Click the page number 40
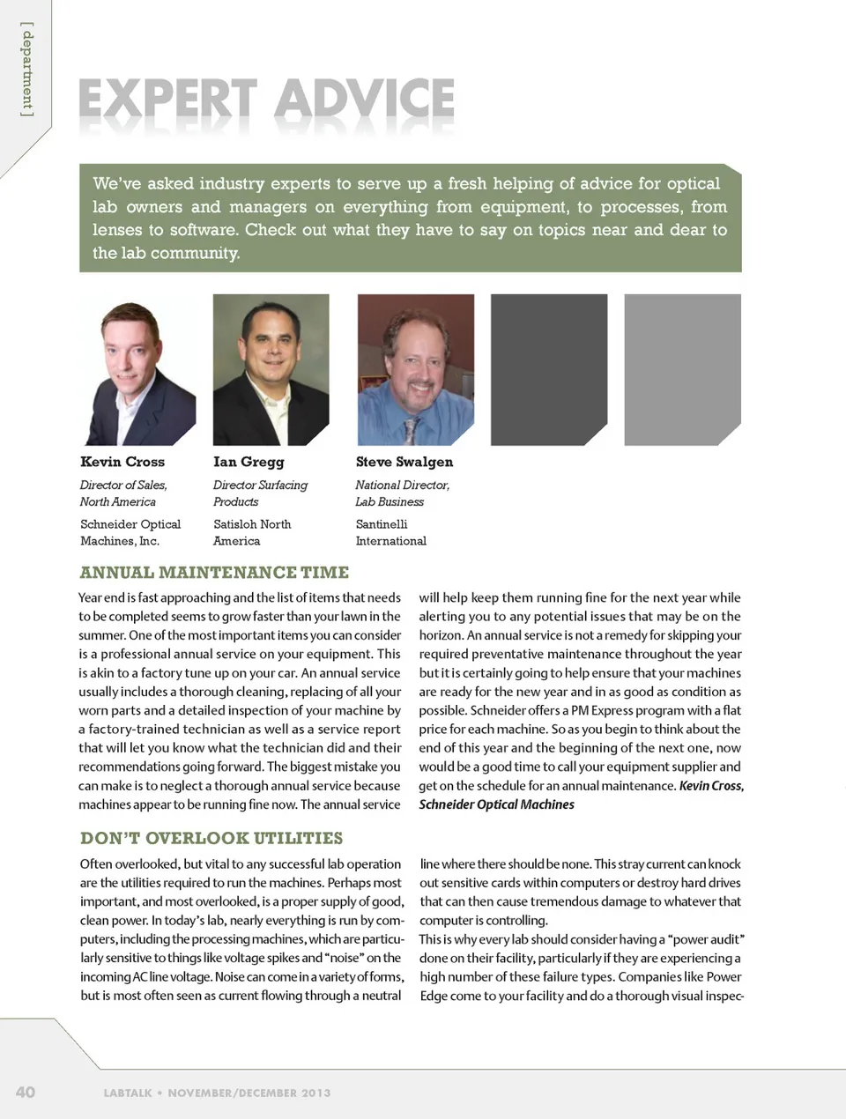26,1092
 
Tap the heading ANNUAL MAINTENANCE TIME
214,573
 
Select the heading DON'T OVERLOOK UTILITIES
211,838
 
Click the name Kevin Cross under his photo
122,462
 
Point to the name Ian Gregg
249,462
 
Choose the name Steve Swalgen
404,462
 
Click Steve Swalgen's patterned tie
411,431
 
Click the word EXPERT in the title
167,100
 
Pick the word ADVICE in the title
364,100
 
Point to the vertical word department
27,70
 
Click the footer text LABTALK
128,1093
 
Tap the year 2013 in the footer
315,1093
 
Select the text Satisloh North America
252,532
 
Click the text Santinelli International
390,532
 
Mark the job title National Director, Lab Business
402,493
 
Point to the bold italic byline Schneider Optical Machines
496,804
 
